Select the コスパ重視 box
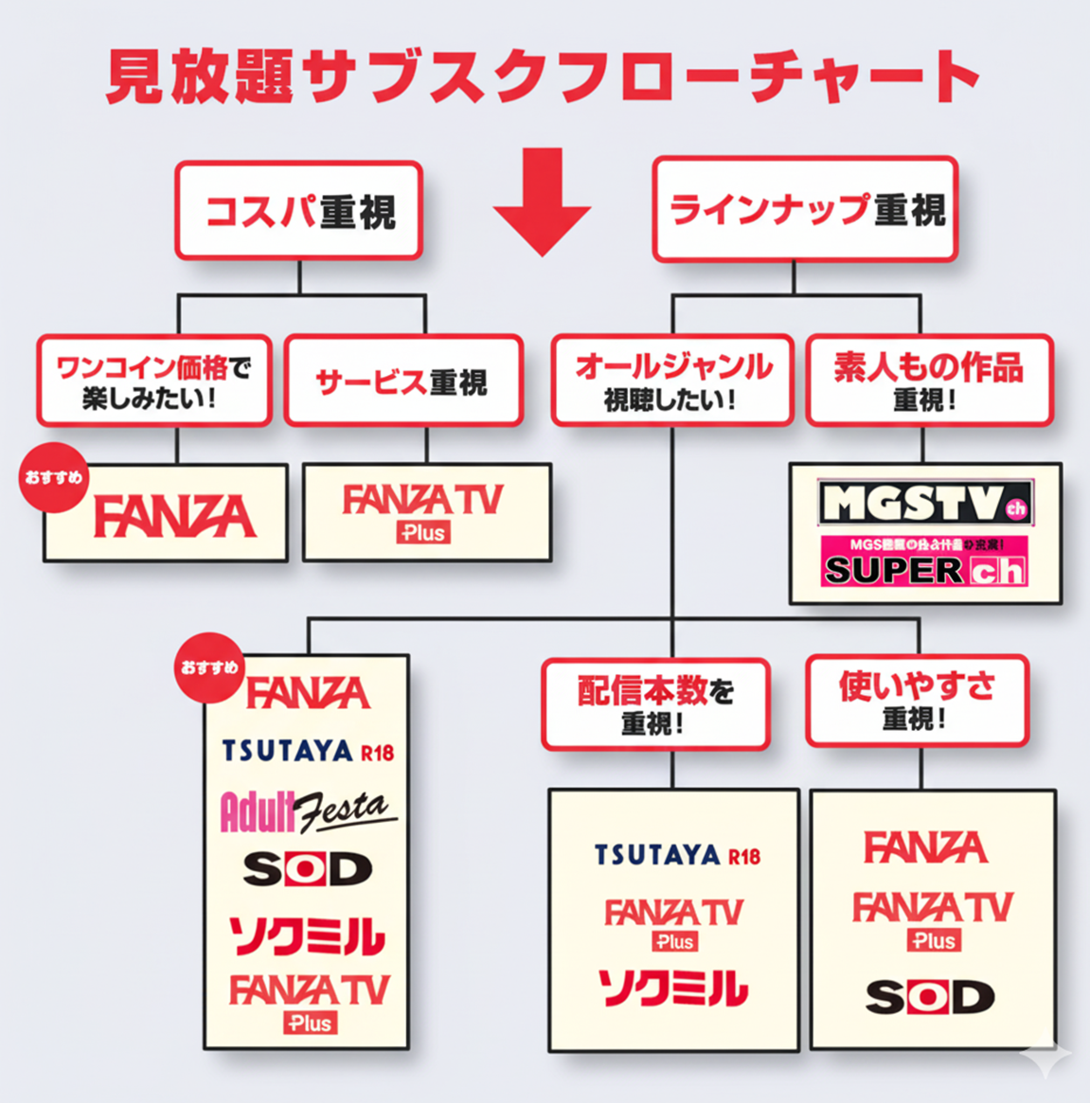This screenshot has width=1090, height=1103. pos(298,210)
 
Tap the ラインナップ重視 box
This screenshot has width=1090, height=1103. pos(805,209)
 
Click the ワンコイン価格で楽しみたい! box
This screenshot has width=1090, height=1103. pos(153,381)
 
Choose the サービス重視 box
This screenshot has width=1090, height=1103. pos(402,381)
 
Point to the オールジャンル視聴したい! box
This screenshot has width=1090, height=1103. pos(672,381)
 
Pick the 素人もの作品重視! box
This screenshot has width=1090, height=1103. pos(928,381)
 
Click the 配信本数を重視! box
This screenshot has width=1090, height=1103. pos(655,704)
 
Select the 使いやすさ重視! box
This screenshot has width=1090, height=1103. pos(917,701)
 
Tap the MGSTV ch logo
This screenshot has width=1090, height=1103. pos(925,502)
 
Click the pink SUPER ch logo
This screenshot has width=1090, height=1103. pos(925,562)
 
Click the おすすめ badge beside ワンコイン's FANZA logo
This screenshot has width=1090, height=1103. pos(55,477)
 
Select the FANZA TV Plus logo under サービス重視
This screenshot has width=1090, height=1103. pos(423,512)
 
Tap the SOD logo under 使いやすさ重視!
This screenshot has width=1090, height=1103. pos(930,996)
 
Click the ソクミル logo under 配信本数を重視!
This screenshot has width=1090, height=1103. pos(673,987)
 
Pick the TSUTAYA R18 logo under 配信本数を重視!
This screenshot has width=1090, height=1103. pos(677,855)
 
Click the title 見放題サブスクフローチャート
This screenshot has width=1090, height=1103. pos(542,76)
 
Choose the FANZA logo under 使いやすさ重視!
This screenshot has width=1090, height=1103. pos(925,847)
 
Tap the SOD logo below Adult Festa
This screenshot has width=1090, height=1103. pos(307,869)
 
